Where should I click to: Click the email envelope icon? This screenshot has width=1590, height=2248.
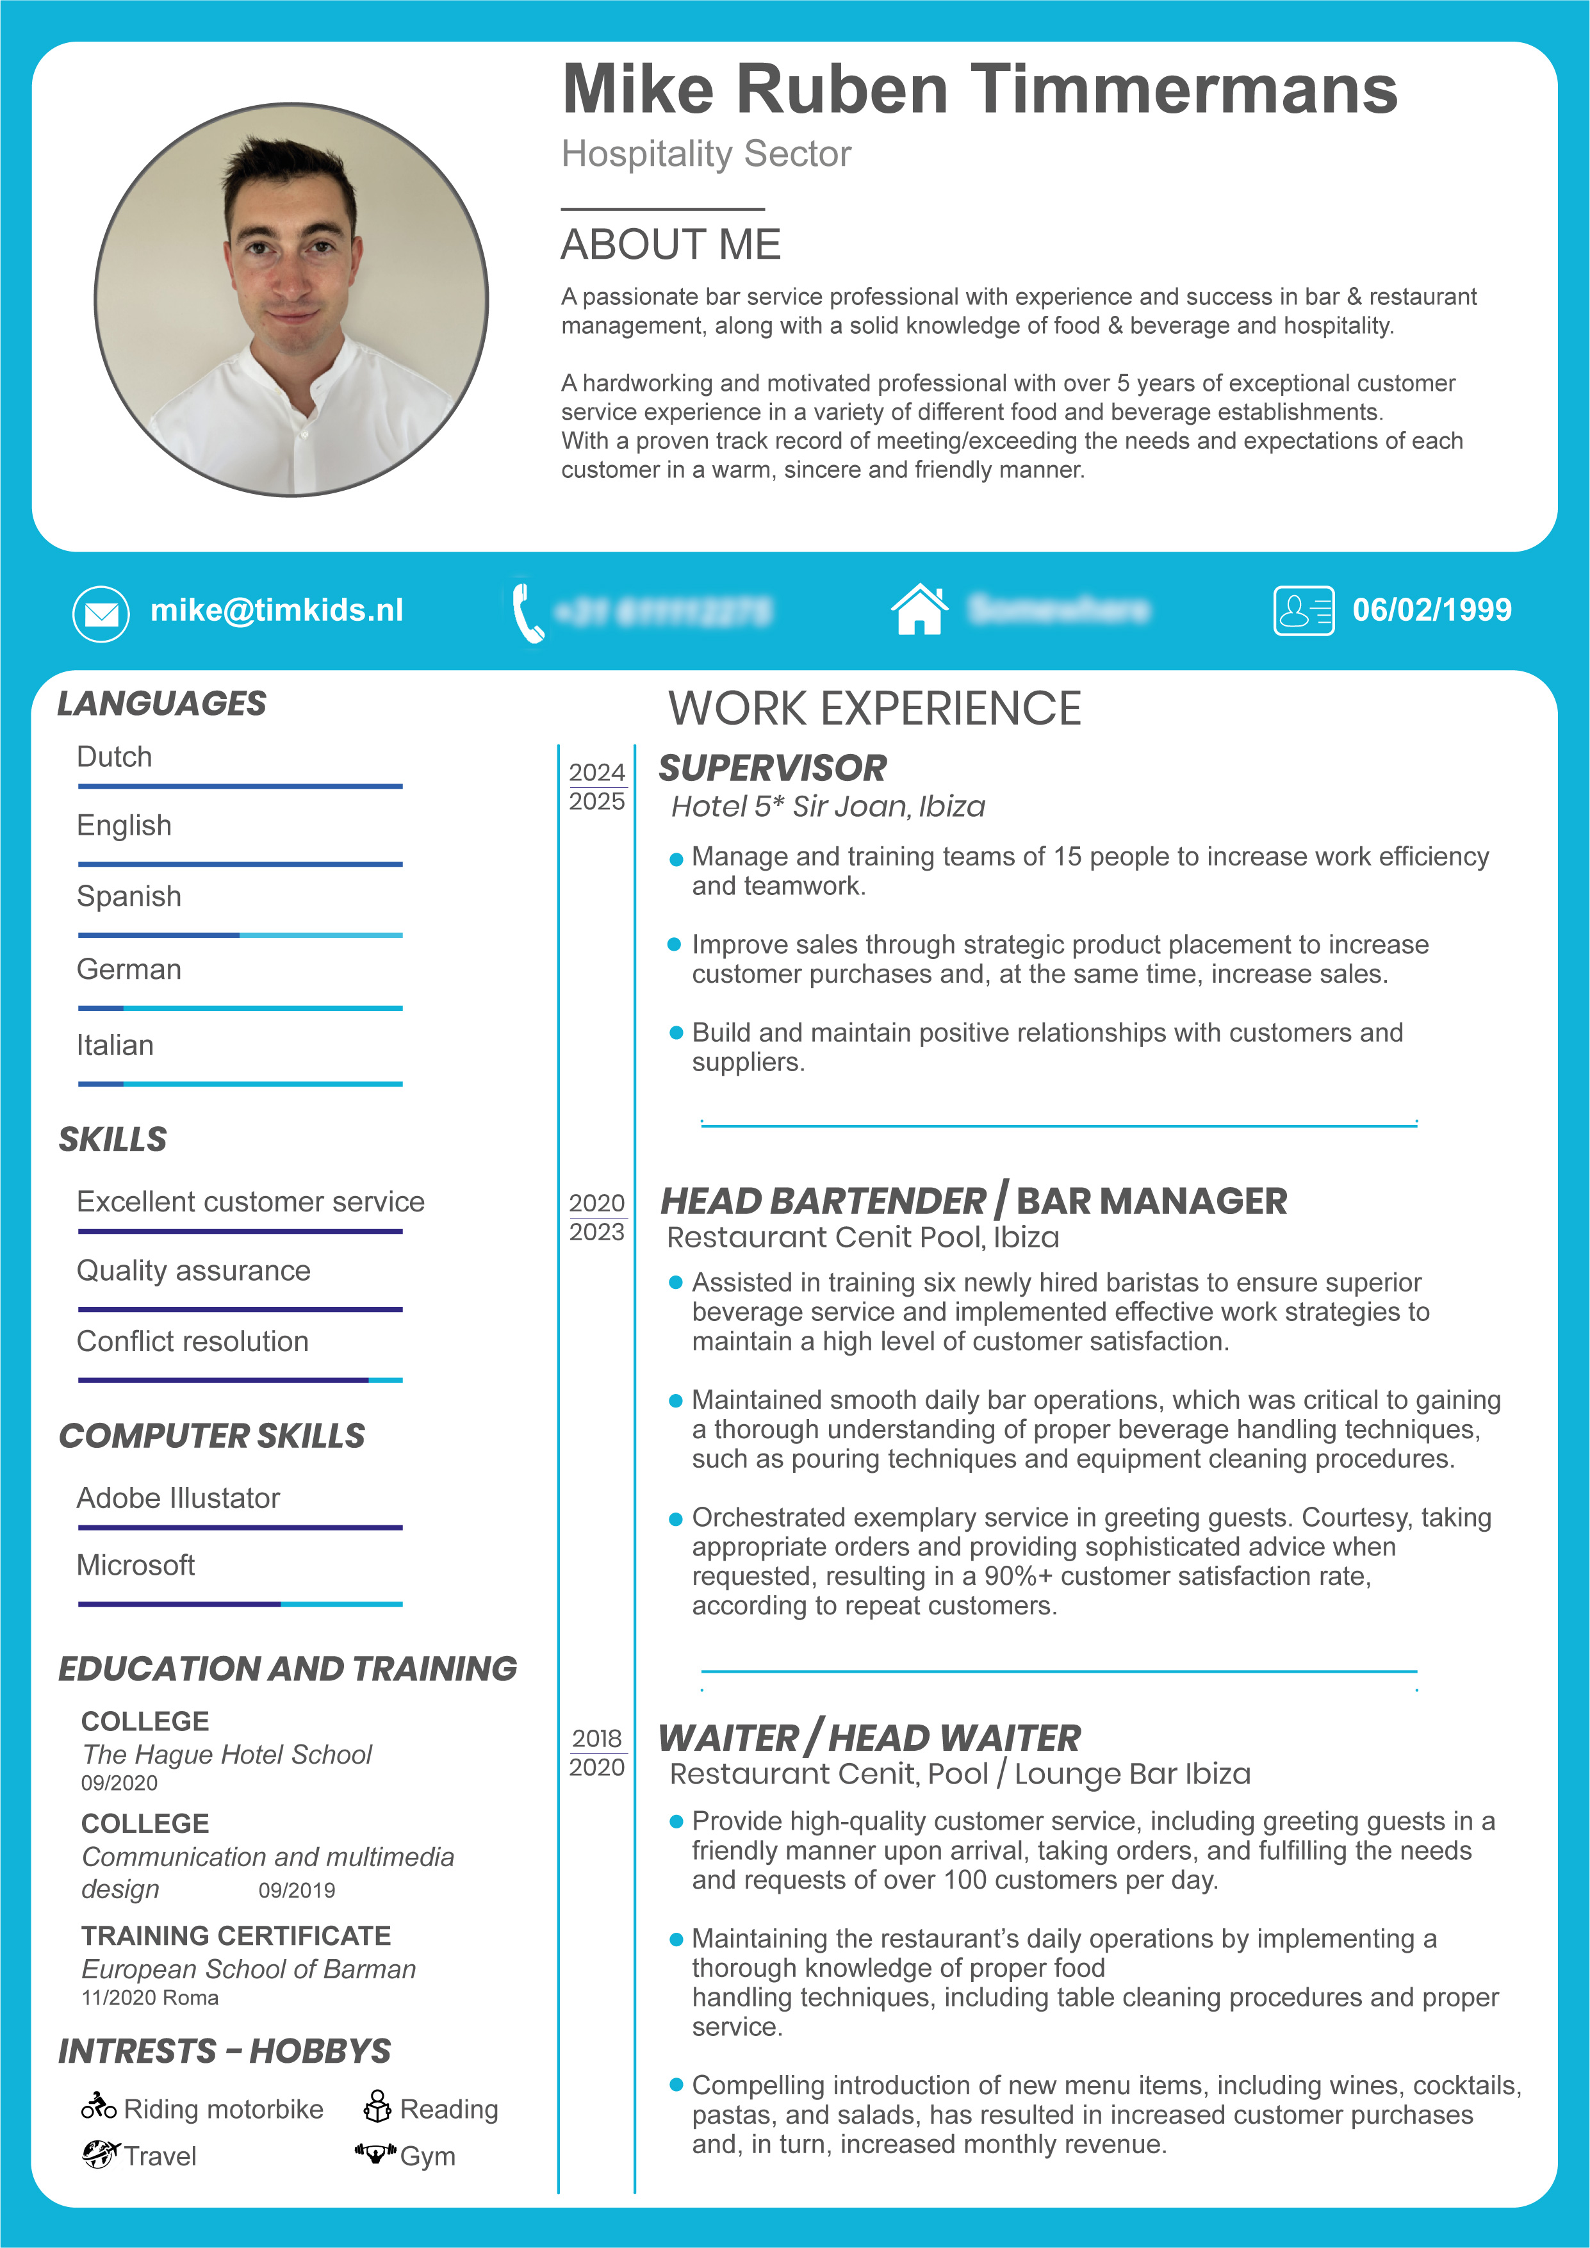pyautogui.click(x=101, y=614)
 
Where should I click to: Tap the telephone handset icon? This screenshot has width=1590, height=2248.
pyautogui.click(x=527, y=611)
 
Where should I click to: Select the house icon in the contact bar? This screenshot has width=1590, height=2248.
pyautogui.click(x=919, y=609)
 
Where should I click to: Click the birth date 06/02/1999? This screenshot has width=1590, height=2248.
pyautogui.click(x=1431, y=610)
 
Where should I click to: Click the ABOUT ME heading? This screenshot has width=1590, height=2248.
pyautogui.click(x=671, y=245)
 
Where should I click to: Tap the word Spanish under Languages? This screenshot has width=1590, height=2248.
pyautogui.click(x=129, y=896)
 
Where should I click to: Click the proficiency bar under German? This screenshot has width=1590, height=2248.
pyautogui.click(x=240, y=1008)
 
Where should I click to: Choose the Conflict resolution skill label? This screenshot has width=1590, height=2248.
pyautogui.click(x=193, y=1341)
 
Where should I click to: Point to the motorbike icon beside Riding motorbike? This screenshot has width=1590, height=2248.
pyautogui.click(x=99, y=2105)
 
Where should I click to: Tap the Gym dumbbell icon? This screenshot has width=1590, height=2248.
pyautogui.click(x=375, y=2153)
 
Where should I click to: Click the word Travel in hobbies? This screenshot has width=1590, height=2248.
pyautogui.click(x=161, y=2156)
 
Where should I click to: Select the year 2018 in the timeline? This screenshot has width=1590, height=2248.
pyautogui.click(x=597, y=1738)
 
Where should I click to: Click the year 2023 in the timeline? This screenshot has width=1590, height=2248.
pyautogui.click(x=597, y=1232)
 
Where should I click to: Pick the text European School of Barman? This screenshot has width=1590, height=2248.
pyautogui.click(x=249, y=1969)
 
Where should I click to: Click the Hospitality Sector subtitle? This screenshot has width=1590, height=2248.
pyautogui.click(x=706, y=154)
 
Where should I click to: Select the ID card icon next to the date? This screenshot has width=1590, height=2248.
pyautogui.click(x=1303, y=611)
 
